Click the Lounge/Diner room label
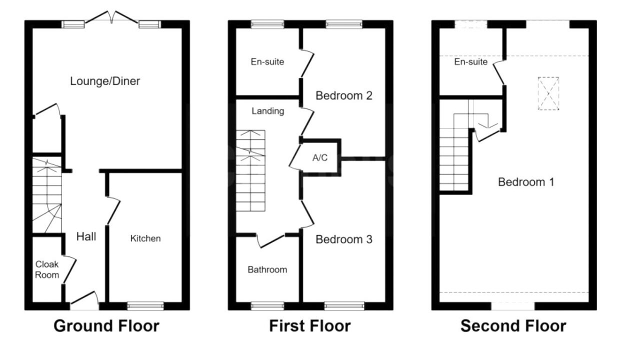click(x=105, y=81)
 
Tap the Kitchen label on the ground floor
click(x=145, y=238)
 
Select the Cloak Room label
click(x=47, y=269)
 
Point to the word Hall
click(x=86, y=236)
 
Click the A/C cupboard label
click(x=320, y=157)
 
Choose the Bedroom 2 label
click(x=344, y=95)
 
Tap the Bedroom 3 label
click(x=344, y=239)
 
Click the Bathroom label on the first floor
click(x=267, y=269)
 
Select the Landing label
click(x=267, y=111)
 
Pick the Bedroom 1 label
click(x=526, y=182)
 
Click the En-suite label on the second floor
click(x=471, y=61)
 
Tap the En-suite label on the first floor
click(x=267, y=61)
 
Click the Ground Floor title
click(x=106, y=325)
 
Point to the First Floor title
click(x=310, y=325)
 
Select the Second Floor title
click(x=513, y=325)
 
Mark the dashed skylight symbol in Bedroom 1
click(x=548, y=93)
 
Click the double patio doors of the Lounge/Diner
click(x=111, y=17)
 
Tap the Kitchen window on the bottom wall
click(x=145, y=306)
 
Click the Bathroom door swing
click(x=270, y=241)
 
